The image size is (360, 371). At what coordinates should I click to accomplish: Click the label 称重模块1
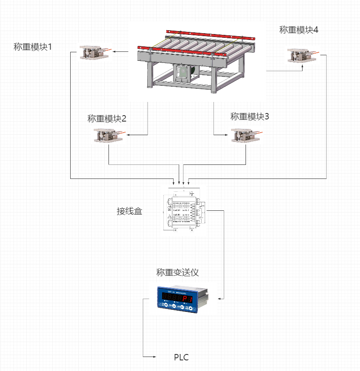click(x=33, y=47)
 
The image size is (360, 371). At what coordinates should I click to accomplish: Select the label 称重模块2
click(x=107, y=119)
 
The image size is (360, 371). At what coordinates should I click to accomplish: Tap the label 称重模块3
click(x=250, y=116)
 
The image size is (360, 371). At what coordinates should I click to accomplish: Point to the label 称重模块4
click(x=299, y=30)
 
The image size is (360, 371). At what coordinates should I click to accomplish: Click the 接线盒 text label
click(x=129, y=211)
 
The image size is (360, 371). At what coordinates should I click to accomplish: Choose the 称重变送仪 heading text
click(x=177, y=272)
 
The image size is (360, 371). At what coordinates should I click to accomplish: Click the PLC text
click(x=181, y=357)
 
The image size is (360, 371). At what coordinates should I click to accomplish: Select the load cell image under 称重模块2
click(x=109, y=136)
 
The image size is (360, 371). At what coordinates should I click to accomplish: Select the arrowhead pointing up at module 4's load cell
click(x=303, y=66)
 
